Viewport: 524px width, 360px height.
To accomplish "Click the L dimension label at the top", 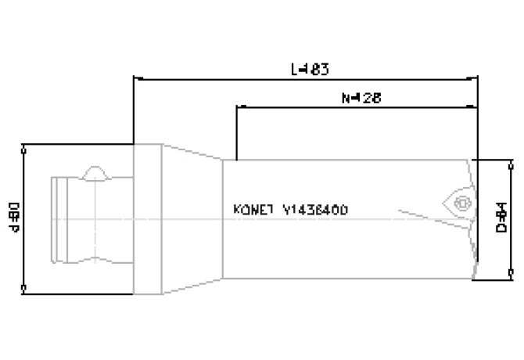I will (x=309, y=69).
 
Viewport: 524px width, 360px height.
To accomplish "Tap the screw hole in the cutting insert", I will (x=461, y=203).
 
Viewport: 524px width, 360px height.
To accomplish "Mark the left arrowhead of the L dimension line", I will (x=138, y=78).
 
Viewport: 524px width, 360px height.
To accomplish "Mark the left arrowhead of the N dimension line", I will (x=239, y=107).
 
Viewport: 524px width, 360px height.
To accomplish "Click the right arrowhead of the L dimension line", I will (x=473, y=78).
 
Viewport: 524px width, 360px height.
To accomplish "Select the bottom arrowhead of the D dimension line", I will (x=511, y=275).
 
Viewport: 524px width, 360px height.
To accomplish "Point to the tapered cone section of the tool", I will (x=192, y=220).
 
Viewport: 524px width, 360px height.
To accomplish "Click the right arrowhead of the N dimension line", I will (x=473, y=107).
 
